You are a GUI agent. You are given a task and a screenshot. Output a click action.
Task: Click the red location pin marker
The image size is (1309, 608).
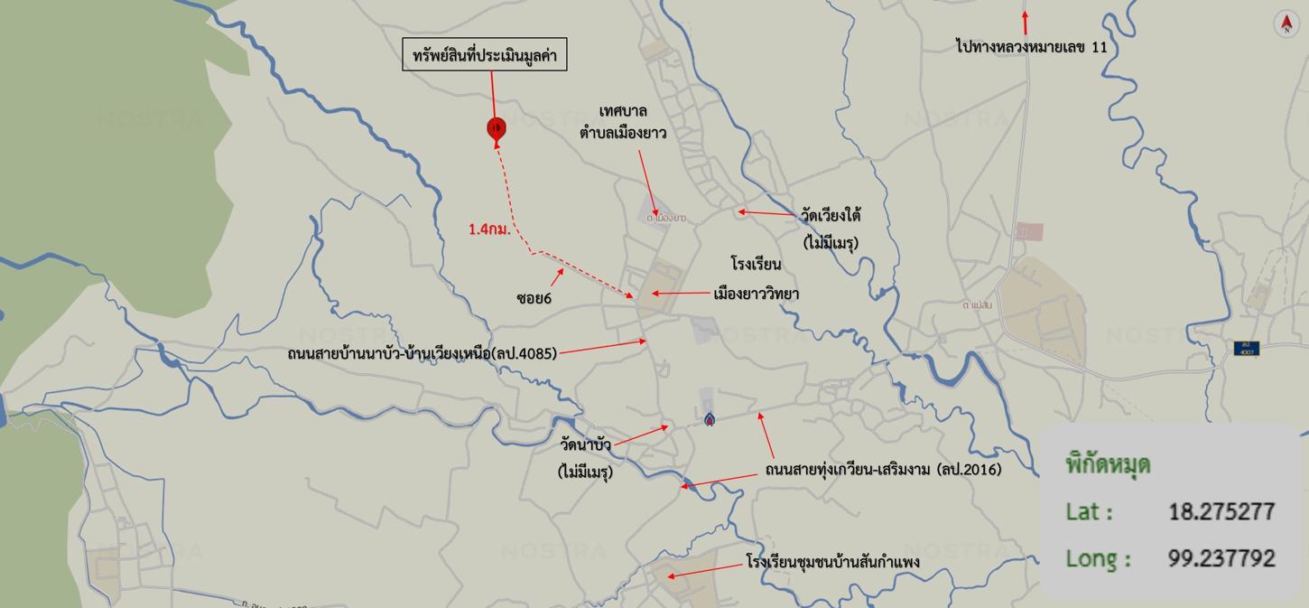point(496,128)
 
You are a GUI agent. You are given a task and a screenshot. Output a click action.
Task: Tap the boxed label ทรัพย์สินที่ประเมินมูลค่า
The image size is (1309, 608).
point(485,55)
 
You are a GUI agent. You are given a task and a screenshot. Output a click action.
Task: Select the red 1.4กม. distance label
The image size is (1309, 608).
point(489,229)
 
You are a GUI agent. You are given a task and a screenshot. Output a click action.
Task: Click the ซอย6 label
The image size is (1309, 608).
point(534,297)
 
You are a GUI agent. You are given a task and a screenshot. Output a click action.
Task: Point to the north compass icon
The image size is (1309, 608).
point(1286,23)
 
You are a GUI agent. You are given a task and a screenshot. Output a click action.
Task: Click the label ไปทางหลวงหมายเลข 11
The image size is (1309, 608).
point(1031,46)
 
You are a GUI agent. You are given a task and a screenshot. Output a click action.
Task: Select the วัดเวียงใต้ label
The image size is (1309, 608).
point(831,216)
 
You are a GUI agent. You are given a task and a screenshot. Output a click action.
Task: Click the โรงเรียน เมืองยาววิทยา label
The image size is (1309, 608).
point(756,279)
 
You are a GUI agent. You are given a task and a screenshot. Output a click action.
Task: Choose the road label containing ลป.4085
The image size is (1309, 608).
point(422,353)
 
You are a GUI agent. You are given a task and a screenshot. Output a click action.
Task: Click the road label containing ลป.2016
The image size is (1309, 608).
point(883,470)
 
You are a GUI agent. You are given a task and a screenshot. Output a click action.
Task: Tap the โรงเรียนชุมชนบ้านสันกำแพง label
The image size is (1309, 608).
point(832,563)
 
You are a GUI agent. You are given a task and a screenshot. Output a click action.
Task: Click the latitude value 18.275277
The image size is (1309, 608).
point(1221,511)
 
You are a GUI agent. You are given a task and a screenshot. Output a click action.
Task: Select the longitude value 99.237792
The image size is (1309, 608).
point(1221,558)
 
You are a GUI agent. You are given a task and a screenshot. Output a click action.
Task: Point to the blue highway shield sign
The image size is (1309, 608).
point(1247,348)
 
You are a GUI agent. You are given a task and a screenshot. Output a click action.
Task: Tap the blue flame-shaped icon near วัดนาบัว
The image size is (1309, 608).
point(710,418)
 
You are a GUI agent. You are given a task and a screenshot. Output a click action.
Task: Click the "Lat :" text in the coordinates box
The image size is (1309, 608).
point(1090,511)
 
